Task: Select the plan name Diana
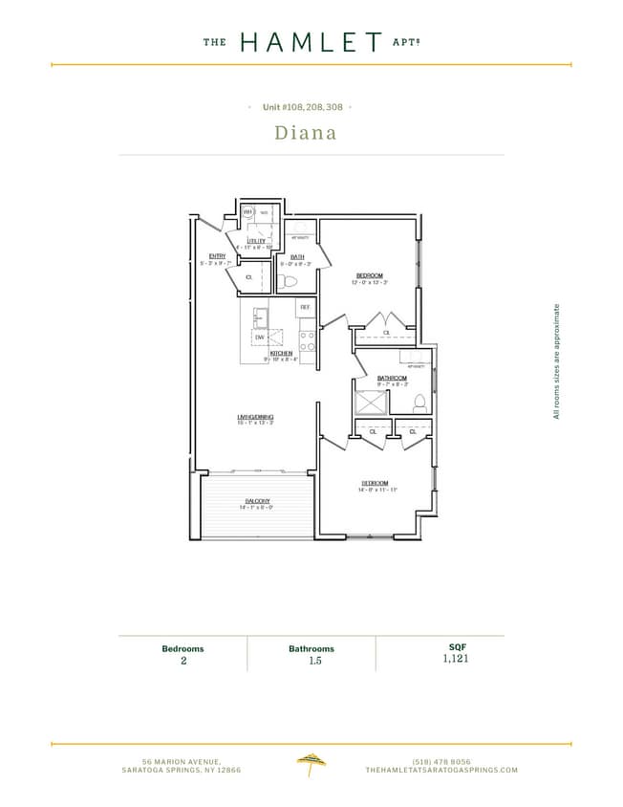pos(306,133)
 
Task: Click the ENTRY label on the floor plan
pos(217,255)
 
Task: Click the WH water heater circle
pos(247,212)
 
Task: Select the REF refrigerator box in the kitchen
pos(306,307)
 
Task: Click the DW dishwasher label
pos(259,338)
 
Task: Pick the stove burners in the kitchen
pos(308,341)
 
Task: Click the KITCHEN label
pos(280,354)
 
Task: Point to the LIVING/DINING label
pos(256,417)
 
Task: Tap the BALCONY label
pos(256,501)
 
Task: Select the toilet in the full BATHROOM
pos(418,404)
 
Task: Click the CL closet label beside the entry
pos(248,277)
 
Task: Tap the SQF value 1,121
pos(456,659)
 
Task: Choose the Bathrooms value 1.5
pos(311,660)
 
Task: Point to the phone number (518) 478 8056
pos(440,760)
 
